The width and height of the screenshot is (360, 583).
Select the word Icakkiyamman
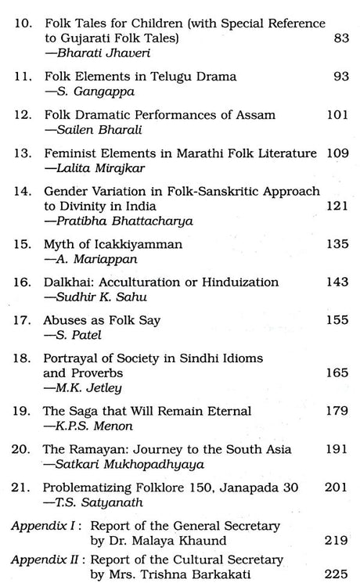145,244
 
